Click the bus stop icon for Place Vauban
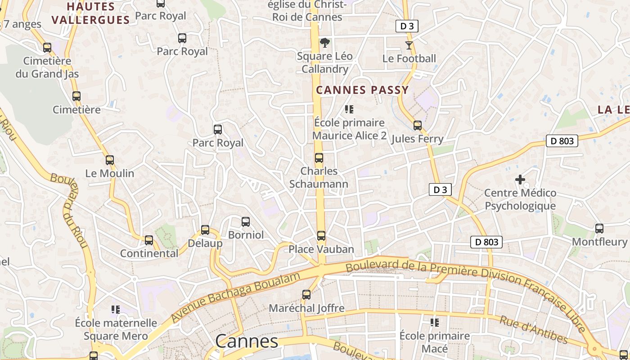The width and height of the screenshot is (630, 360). pyautogui.click(x=321, y=235)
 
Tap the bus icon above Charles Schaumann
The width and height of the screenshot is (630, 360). pyautogui.click(x=319, y=158)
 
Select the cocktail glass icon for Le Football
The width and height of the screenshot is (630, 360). pyautogui.click(x=409, y=45)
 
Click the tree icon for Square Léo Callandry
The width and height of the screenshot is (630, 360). pyautogui.click(x=324, y=43)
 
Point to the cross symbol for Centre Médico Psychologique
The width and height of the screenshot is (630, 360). pyautogui.click(x=520, y=180)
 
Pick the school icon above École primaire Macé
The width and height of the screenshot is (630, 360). pyautogui.click(x=435, y=322)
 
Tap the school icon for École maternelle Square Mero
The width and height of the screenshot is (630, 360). pyautogui.click(x=116, y=309)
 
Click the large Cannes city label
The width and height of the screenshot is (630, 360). pyautogui.click(x=247, y=341)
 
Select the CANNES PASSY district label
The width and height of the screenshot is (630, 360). pyautogui.click(x=362, y=90)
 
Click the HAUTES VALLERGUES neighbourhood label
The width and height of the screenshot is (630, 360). pyautogui.click(x=91, y=13)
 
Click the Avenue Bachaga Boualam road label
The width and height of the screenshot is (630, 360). pyautogui.click(x=235, y=297)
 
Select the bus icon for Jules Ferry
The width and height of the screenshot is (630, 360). pyautogui.click(x=418, y=126)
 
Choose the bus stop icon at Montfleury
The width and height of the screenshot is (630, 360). pyautogui.click(x=599, y=228)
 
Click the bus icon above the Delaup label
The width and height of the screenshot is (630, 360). pyautogui.click(x=205, y=230)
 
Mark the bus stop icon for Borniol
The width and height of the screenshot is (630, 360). pyautogui.click(x=246, y=221)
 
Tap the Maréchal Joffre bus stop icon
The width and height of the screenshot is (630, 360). pyautogui.click(x=306, y=295)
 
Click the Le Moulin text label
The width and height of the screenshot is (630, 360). pyautogui.click(x=110, y=173)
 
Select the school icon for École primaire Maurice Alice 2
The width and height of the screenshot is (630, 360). pyautogui.click(x=349, y=109)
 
